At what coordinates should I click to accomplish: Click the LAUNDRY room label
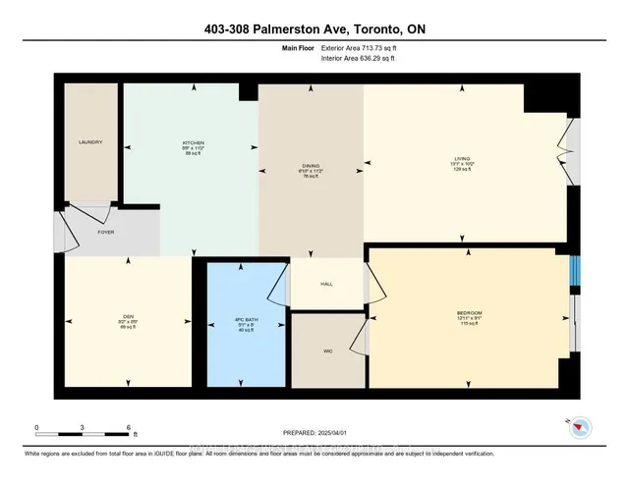(x=90, y=142)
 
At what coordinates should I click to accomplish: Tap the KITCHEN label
(x=193, y=142)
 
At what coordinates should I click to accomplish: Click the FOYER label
(x=107, y=235)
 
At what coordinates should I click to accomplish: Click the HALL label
(x=327, y=284)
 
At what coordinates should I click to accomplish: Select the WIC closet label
(x=327, y=349)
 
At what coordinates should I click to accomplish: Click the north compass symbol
(x=581, y=427)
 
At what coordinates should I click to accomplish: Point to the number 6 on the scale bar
(x=129, y=429)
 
